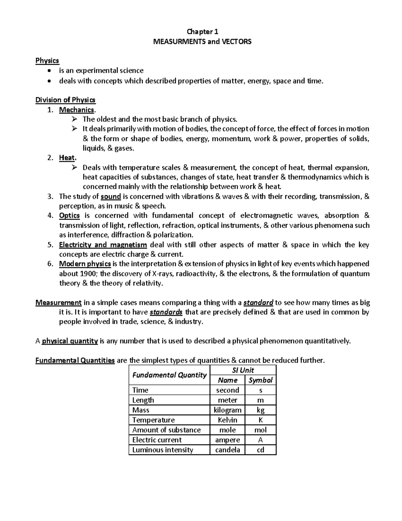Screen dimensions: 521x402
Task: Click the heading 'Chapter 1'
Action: coord(202,32)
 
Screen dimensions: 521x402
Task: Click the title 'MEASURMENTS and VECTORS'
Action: coord(202,42)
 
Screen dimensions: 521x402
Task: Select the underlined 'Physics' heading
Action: coord(47,61)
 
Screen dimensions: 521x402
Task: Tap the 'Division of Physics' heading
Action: coord(65,100)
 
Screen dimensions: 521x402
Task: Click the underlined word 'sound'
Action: coord(111,197)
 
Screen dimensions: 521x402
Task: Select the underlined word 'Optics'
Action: coord(69,216)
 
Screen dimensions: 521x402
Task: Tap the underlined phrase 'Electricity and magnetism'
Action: coord(103,245)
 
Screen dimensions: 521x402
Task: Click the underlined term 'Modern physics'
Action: coord(85,264)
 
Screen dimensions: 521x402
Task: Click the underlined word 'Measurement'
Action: coord(59,303)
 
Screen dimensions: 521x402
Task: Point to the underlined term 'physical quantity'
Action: coord(70,342)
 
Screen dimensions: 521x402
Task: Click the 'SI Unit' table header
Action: coord(243,370)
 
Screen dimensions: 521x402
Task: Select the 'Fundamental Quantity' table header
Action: coord(169,375)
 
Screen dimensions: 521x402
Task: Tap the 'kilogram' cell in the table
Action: coord(227,410)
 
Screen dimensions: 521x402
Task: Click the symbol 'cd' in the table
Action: coord(260,450)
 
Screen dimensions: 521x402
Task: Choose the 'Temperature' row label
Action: coord(153,420)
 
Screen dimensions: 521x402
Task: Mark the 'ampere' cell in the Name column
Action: coord(227,440)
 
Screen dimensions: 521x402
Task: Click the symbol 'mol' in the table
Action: coord(260,430)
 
